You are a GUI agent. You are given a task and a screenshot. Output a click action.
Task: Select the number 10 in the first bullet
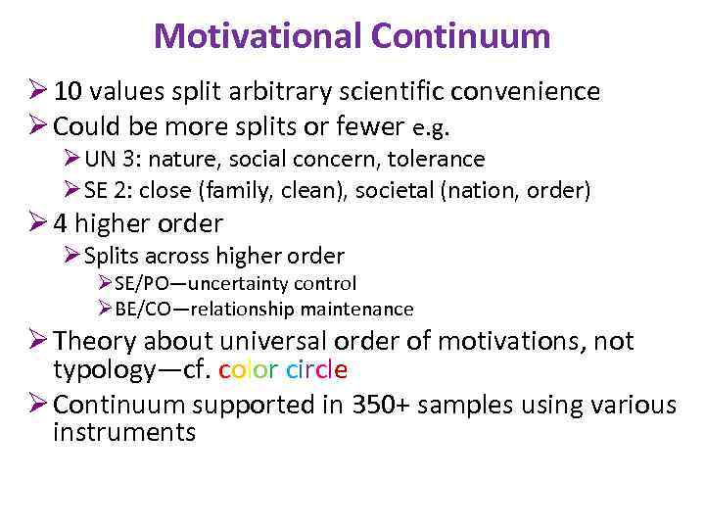(68, 92)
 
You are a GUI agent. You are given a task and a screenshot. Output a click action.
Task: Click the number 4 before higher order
(61, 223)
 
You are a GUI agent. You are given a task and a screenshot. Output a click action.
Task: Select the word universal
(265, 341)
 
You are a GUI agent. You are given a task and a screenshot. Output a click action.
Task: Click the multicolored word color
(249, 370)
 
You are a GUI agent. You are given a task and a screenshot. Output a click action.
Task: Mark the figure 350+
(374, 404)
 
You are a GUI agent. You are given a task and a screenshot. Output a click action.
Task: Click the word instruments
(124, 432)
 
